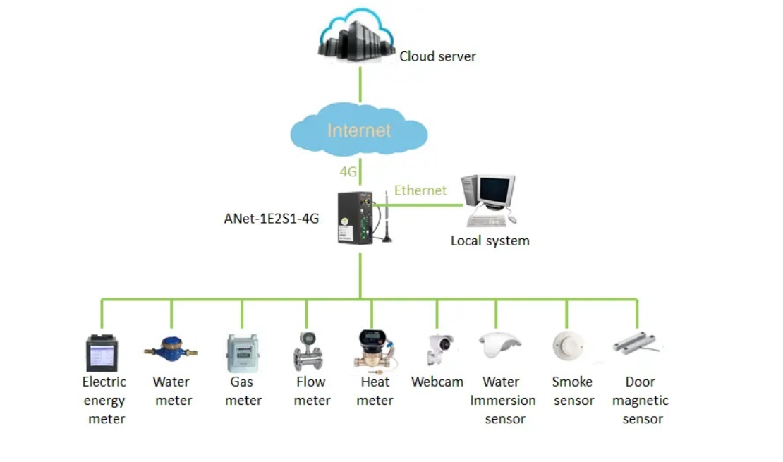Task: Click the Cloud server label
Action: point(437,56)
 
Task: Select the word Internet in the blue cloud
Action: point(359,130)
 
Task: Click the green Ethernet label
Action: point(420,190)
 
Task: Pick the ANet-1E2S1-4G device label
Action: point(272,219)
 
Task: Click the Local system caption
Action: point(490,241)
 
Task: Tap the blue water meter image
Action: point(171,348)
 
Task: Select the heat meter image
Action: point(373,349)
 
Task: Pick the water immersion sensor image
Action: point(499,345)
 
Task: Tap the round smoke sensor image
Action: point(568,345)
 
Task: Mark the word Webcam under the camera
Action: point(437,382)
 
